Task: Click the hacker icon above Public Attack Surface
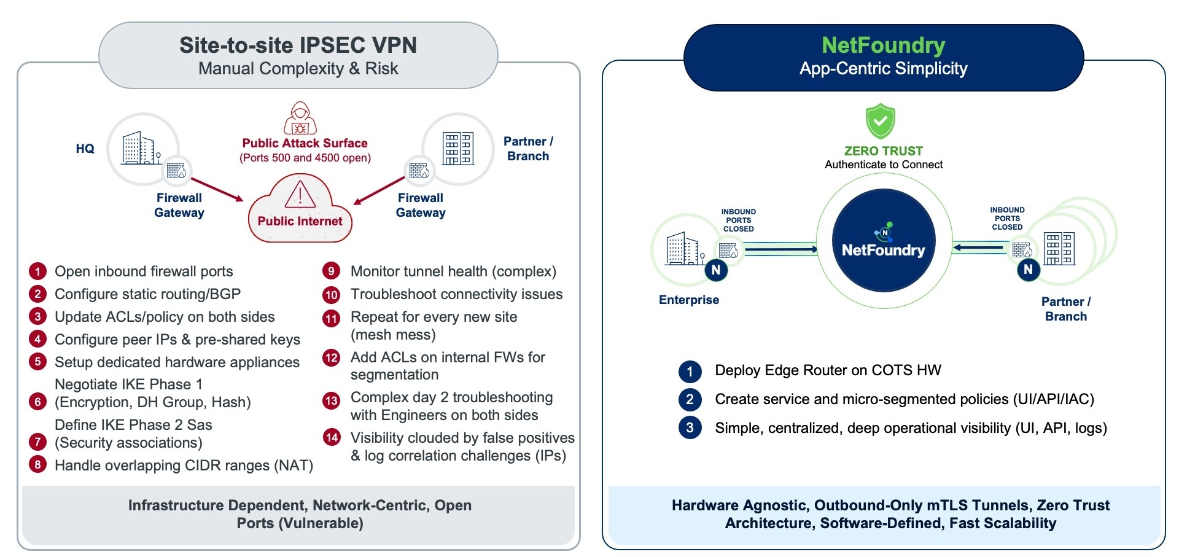[300, 118]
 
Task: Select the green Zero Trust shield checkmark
[880, 121]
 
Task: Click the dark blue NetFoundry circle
[883, 240]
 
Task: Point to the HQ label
[85, 149]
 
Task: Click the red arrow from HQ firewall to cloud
[217, 190]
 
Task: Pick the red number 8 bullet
[37, 465]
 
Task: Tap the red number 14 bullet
[332, 437]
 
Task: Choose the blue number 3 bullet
[690, 427]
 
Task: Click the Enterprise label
[688, 300]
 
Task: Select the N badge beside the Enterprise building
[715, 270]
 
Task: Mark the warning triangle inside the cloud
[300, 195]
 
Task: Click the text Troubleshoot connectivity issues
[456, 294]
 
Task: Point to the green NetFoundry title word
[883, 45]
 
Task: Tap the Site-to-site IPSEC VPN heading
[298, 45]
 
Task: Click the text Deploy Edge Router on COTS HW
[828, 370]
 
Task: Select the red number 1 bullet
[37, 271]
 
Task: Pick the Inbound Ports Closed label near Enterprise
[738, 220]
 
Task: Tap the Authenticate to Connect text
[883, 165]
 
